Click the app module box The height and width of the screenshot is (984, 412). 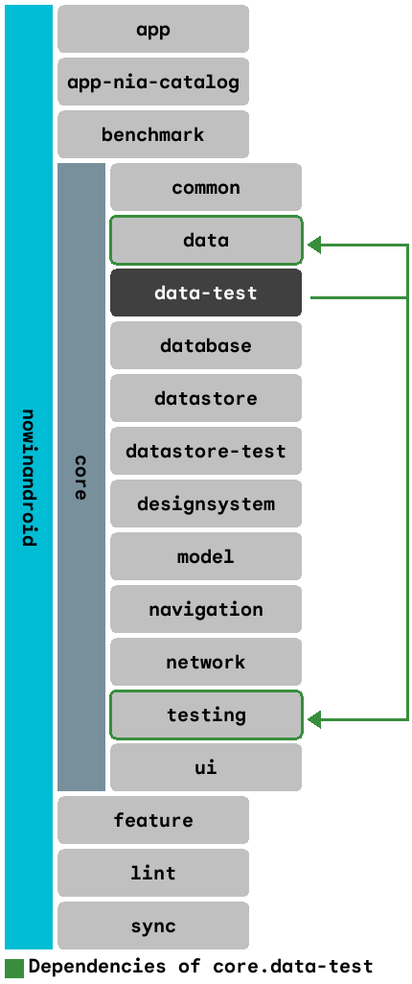[x=153, y=29]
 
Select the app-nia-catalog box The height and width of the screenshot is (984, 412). [x=153, y=82]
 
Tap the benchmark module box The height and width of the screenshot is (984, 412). [x=153, y=134]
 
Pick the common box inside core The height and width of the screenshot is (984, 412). [x=206, y=187]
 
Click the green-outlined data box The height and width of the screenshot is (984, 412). [x=206, y=240]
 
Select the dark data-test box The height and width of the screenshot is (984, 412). [x=206, y=293]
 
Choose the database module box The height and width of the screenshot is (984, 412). [x=206, y=345]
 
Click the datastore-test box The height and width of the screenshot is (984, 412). [x=206, y=451]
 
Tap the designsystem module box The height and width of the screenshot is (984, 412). [x=206, y=504]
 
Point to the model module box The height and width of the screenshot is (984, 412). [x=206, y=556]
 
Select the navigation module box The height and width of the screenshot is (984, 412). [x=206, y=609]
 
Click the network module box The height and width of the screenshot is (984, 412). [x=206, y=662]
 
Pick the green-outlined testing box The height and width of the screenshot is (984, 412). [x=206, y=715]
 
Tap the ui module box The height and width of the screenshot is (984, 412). [x=206, y=767]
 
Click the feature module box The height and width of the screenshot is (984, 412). [x=153, y=820]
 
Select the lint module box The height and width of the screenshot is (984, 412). [x=153, y=873]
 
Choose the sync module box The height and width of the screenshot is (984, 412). [x=153, y=925]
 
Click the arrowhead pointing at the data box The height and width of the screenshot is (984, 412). [x=315, y=246]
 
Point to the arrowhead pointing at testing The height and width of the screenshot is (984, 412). [x=315, y=718]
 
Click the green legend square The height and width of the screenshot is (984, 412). [x=14, y=967]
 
